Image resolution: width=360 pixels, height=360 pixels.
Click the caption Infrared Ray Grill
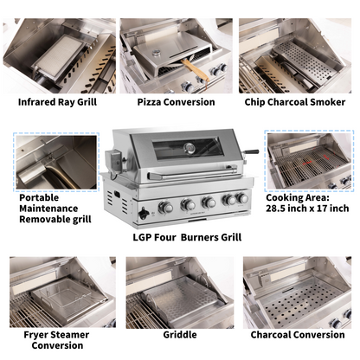(57, 102)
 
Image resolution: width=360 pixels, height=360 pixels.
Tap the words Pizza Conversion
(176, 102)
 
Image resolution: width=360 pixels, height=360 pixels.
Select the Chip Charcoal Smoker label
(295, 102)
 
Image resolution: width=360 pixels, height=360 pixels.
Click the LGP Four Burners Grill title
(187, 237)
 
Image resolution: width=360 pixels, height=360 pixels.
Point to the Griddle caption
(180, 335)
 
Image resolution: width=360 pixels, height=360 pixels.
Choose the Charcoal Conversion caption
(298, 335)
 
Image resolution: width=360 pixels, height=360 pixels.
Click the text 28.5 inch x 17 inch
(307, 209)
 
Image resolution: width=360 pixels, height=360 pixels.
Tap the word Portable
(39, 198)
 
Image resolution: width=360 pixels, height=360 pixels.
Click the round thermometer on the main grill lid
(190, 148)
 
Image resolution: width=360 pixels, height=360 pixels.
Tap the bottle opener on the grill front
(144, 214)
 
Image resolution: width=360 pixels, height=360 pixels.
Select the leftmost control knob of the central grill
(165, 207)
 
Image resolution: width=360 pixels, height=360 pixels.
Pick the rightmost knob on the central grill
(242, 198)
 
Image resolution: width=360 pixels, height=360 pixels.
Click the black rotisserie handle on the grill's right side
(252, 152)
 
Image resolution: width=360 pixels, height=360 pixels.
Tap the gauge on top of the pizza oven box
(157, 53)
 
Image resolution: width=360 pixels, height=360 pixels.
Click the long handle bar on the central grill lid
(192, 173)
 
